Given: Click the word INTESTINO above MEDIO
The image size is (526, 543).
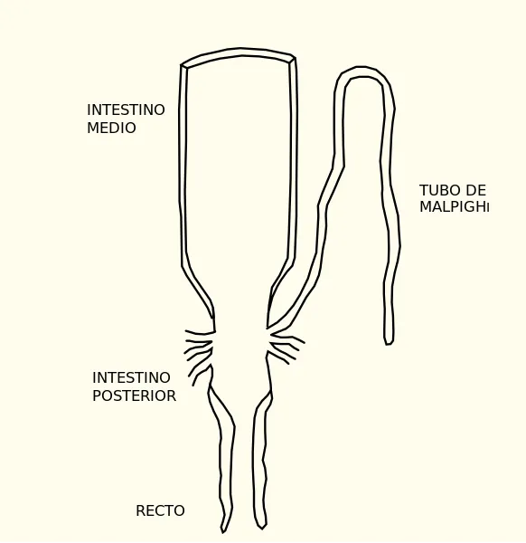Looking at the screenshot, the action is [x=126, y=110].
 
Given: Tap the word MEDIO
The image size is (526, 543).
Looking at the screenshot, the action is [x=111, y=128].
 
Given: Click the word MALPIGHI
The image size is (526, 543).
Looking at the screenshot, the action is [x=454, y=206].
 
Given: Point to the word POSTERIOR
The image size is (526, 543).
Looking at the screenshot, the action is [x=134, y=395].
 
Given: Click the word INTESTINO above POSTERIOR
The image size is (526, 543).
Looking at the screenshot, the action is [x=131, y=377].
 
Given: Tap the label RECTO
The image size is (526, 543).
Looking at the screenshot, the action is [x=160, y=510].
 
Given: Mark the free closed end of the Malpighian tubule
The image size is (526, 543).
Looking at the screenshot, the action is [x=390, y=343].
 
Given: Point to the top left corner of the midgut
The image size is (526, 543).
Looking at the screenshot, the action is [x=182, y=65].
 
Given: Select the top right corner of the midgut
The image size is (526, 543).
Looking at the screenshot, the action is [x=294, y=58].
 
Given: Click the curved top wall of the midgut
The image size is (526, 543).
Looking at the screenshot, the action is [x=239, y=52].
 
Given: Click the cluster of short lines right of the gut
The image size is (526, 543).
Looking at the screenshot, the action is [x=286, y=347].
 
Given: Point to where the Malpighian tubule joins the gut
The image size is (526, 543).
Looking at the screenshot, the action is [x=268, y=326].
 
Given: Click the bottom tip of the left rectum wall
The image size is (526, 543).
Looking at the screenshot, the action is [x=223, y=532].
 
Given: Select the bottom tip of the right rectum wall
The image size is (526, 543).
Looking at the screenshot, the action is [x=262, y=529].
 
